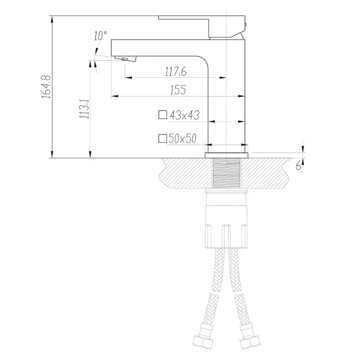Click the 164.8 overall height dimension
pos(46,87)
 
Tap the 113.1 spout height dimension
pos(84,109)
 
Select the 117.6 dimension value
pos(175,71)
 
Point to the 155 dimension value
pos(178,90)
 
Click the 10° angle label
pos(100,35)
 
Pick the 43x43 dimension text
pos(185,115)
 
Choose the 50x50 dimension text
pos(182,138)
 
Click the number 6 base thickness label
pos(298,165)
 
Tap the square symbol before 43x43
pos(162,114)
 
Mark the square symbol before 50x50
pos(162,138)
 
